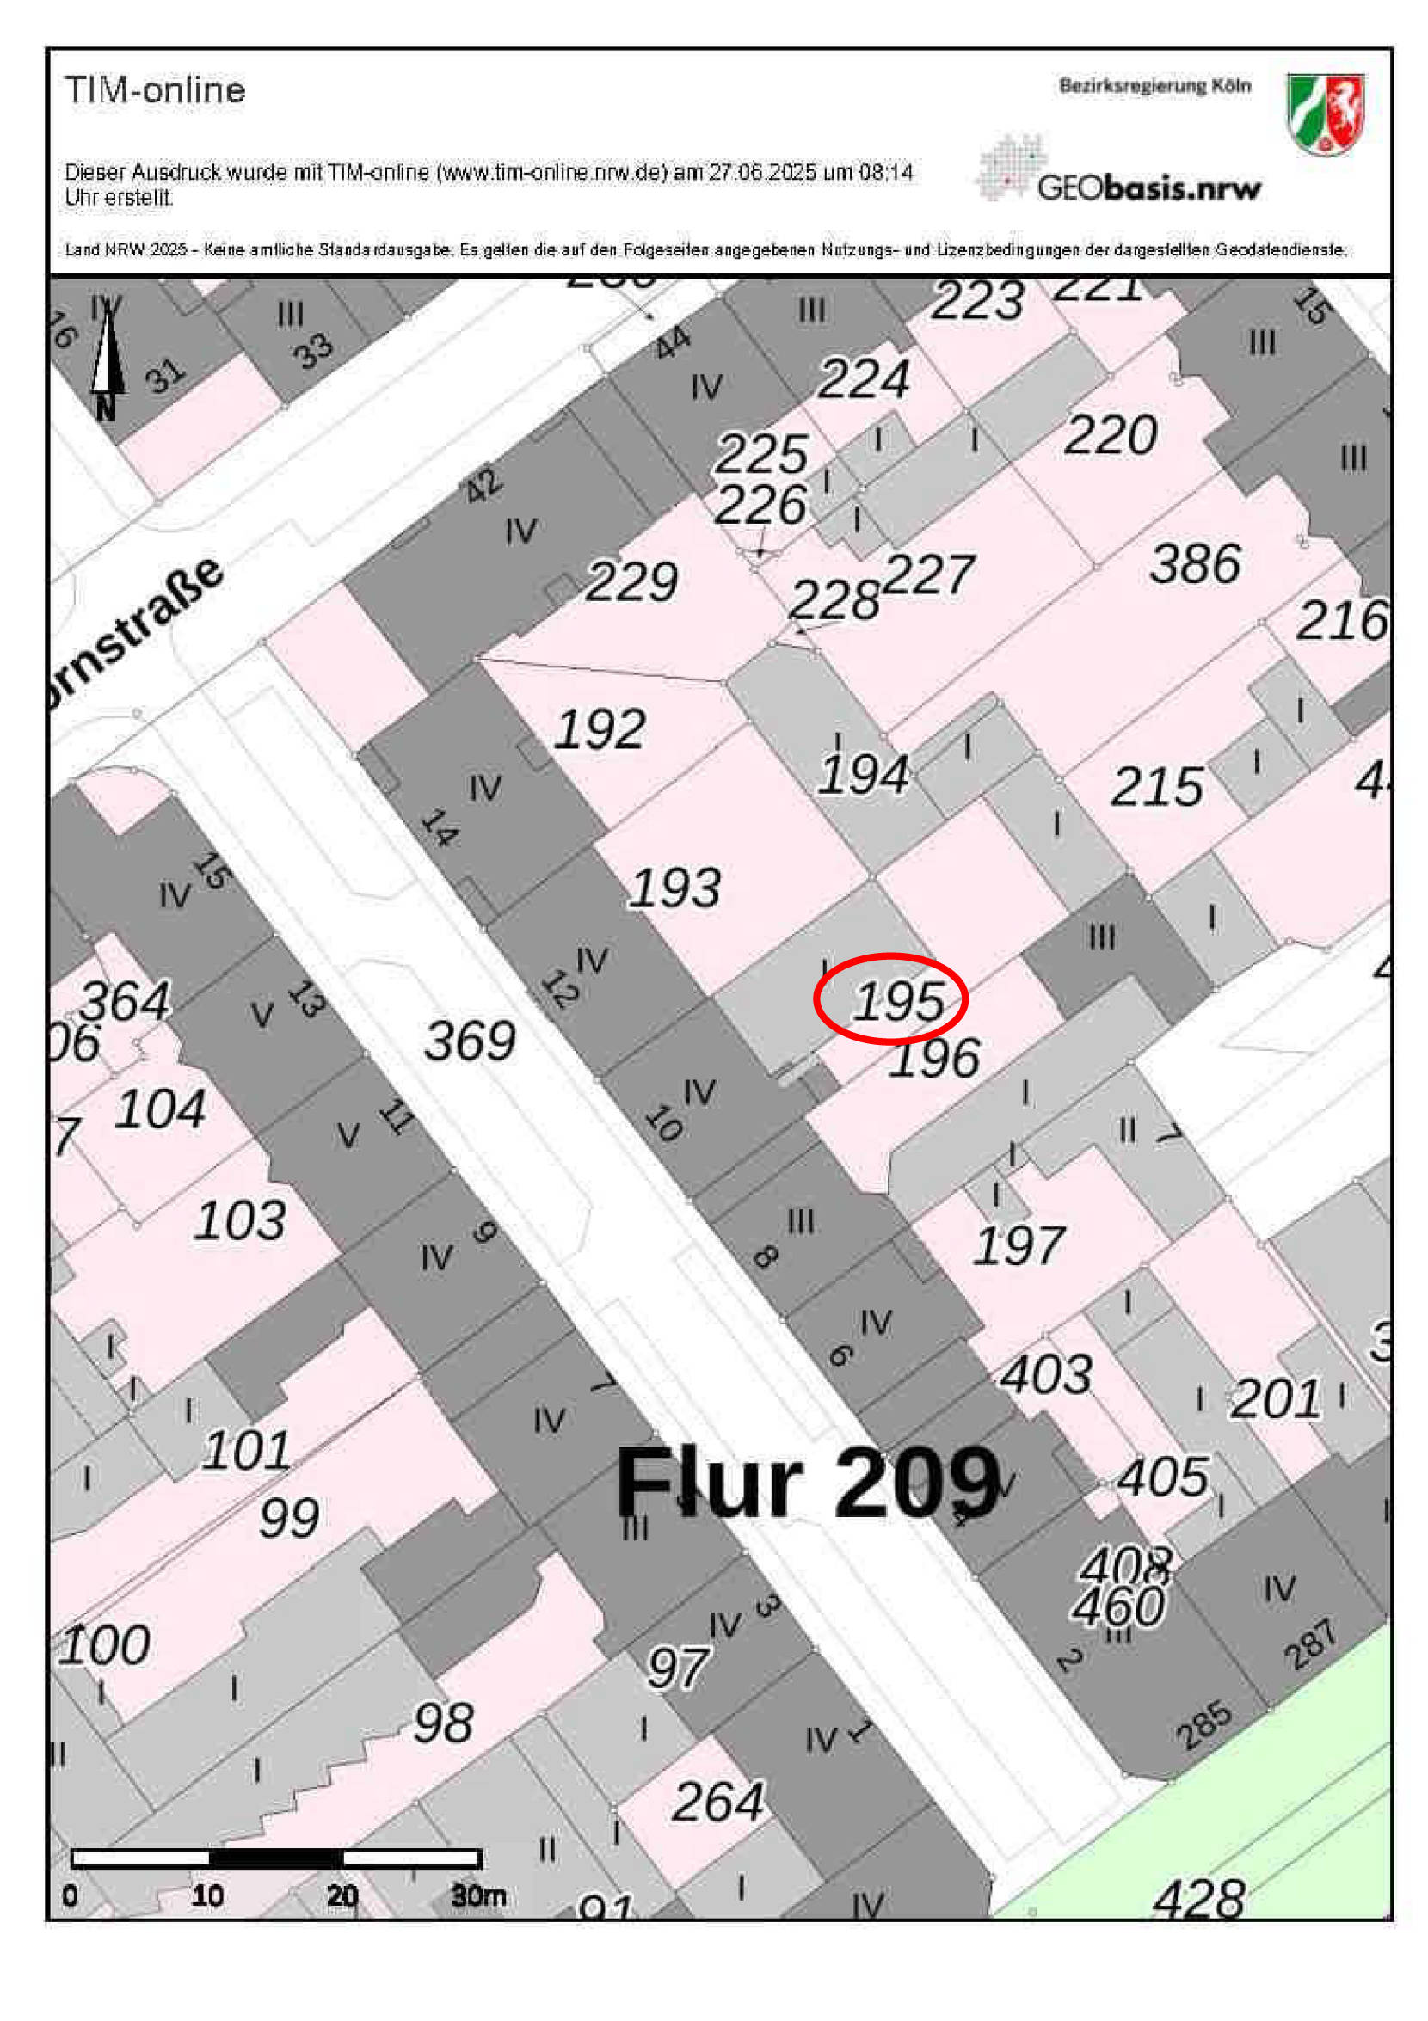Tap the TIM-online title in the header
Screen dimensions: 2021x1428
pos(155,89)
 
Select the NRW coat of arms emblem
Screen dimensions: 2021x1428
pos(1325,114)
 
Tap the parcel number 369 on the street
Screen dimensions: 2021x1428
pos(471,1041)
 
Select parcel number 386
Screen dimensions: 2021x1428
pos(1195,563)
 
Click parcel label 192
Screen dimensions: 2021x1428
pos(600,728)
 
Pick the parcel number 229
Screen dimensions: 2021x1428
pos(631,581)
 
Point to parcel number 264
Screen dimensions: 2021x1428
pos(717,1802)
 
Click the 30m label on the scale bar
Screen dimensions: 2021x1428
pos(478,1895)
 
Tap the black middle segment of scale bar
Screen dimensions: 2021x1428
pos(275,1858)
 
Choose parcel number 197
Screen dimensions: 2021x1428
pos(1019,1245)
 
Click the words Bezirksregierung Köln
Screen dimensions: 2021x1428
pos(1154,86)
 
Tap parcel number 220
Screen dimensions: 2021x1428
pos(1111,435)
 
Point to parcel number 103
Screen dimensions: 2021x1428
pos(239,1220)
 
